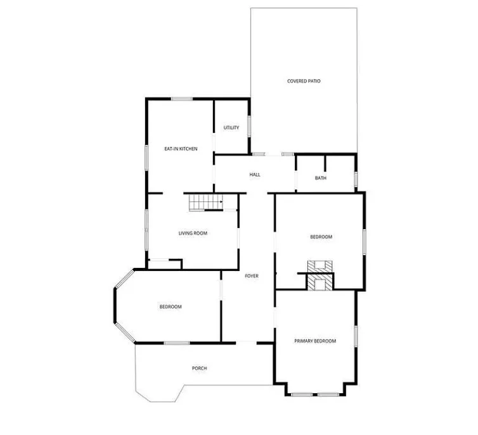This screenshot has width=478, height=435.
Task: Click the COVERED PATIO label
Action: pos(304,81)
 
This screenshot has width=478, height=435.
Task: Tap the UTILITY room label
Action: pos(231,127)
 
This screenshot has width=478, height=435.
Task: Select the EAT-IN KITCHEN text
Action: pos(181,149)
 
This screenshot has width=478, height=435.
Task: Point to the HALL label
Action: pos(255,175)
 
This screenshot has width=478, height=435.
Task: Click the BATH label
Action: pos(320,178)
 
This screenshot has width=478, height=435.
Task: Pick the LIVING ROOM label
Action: pos(193,233)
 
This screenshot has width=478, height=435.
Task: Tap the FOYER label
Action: pos(252,276)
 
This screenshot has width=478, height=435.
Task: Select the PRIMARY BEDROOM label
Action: pos(315,341)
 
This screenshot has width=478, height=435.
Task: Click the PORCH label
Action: pos(199,369)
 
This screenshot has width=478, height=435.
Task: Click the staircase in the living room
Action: pos(206,203)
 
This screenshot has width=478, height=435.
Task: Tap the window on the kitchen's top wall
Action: pos(182,99)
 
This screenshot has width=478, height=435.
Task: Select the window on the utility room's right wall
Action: pos(249,126)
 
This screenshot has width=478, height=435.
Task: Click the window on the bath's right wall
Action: pos(356,179)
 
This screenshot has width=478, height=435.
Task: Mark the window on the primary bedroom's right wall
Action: pos(356,336)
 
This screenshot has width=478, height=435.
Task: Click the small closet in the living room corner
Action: pos(165,264)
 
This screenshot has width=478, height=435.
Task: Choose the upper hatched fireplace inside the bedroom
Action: pos(320,267)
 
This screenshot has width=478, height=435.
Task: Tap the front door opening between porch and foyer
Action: pos(247,343)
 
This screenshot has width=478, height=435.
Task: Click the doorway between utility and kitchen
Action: pos(214,142)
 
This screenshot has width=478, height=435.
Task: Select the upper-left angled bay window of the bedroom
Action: pos(124,279)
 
